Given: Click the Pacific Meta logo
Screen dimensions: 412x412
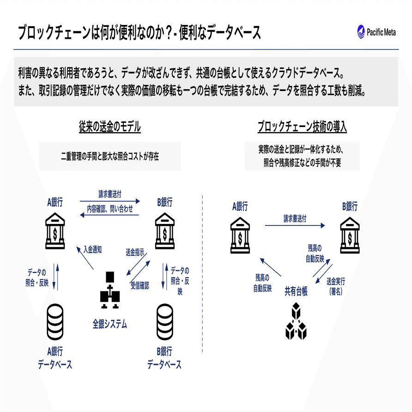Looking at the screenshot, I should point(376,33).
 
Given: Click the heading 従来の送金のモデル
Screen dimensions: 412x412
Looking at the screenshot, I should point(110,127).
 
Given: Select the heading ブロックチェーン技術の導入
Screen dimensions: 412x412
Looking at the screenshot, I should point(302,127).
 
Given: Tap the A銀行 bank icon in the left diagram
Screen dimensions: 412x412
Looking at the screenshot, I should point(55,227).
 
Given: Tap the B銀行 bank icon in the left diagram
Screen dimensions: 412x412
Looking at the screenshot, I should point(165,227).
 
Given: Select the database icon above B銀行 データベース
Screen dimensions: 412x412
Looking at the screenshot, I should point(165,322).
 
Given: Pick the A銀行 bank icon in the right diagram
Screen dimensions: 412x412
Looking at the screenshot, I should point(240,237).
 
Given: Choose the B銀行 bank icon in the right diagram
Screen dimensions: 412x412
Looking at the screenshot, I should point(350,237).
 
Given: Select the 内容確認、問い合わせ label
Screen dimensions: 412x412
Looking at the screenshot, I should point(110,209).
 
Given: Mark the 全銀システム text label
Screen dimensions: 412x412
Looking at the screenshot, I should point(109,324).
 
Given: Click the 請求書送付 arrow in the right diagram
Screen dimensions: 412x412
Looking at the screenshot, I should point(295,225).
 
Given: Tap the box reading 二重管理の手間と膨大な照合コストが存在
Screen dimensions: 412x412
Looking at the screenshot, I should point(110,157).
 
